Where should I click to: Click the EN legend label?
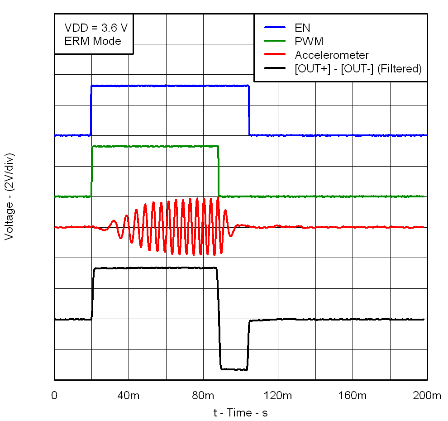pos(302,28)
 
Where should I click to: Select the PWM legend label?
pos(309,41)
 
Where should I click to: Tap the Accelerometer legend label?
pos(332,55)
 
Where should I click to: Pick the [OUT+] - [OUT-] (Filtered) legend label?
pos(358,68)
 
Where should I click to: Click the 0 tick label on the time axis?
pos(54,396)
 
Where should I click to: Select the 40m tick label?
pos(129,396)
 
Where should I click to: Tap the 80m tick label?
pos(203,396)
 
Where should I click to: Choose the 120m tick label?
pos(278,396)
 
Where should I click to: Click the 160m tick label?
pos(353,396)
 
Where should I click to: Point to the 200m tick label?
pos(427,396)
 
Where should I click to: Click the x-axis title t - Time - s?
pos(240,412)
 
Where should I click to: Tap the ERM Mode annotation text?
pos(93,41)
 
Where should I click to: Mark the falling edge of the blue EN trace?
pos(249,110)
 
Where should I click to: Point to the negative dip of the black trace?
pos(234,369)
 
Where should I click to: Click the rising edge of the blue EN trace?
pos(91,110)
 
